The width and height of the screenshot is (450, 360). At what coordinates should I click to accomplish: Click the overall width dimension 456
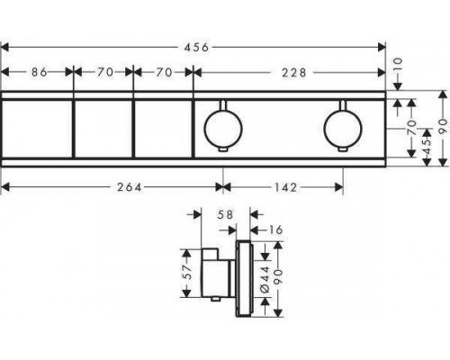coord(196,47)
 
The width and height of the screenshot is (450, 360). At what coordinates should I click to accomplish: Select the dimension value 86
coord(40,72)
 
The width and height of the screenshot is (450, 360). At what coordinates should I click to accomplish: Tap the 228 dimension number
coord(294,73)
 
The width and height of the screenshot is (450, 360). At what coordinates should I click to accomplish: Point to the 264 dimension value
coord(129,187)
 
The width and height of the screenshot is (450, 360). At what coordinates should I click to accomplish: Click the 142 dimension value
coord(286,187)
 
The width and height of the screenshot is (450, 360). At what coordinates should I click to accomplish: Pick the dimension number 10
coord(397,66)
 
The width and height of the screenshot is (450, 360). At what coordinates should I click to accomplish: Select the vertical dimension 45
coord(427,147)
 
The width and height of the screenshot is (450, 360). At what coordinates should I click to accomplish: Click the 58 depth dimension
coord(225,214)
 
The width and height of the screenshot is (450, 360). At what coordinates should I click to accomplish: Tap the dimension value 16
coord(274,230)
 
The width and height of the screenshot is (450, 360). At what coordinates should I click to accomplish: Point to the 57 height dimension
coord(187,273)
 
